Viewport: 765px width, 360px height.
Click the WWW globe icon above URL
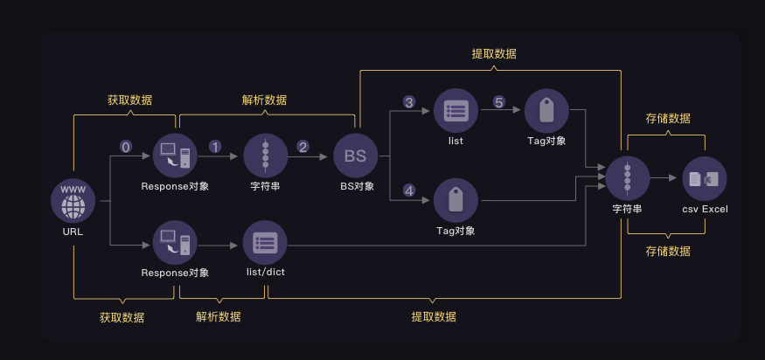(x=73, y=201)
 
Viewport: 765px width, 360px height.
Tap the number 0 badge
(x=125, y=147)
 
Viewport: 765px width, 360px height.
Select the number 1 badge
(x=215, y=147)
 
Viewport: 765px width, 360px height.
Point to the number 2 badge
(x=303, y=147)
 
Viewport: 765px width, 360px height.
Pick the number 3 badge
(x=408, y=102)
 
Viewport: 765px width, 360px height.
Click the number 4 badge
(x=408, y=189)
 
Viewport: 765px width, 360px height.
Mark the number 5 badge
(x=499, y=102)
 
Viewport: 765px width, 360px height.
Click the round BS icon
(x=355, y=156)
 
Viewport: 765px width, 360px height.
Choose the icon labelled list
(x=456, y=111)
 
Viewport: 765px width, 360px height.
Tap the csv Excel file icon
(x=704, y=179)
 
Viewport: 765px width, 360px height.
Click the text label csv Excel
(x=705, y=209)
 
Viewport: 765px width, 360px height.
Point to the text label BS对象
(x=357, y=186)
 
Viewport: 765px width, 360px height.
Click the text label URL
(x=73, y=232)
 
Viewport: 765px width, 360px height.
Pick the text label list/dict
(x=265, y=273)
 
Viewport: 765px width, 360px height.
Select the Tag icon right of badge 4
(x=456, y=201)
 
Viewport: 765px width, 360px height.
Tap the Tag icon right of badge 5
(x=546, y=111)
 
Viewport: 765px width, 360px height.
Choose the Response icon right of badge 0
(x=175, y=156)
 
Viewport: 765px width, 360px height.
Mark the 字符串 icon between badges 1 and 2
(x=265, y=156)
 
